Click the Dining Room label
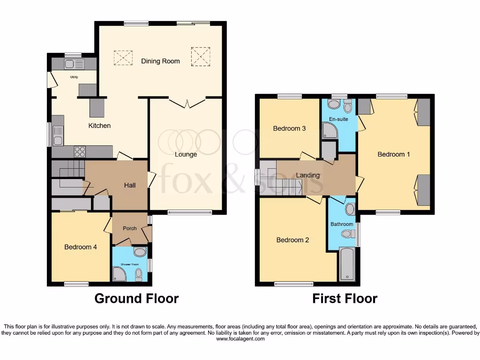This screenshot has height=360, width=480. click(x=160, y=61)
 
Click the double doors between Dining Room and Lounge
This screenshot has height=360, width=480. click(x=187, y=102)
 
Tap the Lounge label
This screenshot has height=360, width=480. click(x=186, y=154)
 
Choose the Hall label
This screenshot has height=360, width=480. click(x=130, y=185)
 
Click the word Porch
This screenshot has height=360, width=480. click(x=129, y=228)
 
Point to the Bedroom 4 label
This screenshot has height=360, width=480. click(x=81, y=247)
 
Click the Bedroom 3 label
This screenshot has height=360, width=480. click(x=290, y=128)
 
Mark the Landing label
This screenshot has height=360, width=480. click(x=308, y=175)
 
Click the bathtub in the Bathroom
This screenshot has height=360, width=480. click(x=347, y=265)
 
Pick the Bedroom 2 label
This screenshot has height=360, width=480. click(x=292, y=240)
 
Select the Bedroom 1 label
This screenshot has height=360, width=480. click(x=394, y=154)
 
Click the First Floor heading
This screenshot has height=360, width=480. click(x=345, y=299)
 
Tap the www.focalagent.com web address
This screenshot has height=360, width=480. click(x=240, y=339)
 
